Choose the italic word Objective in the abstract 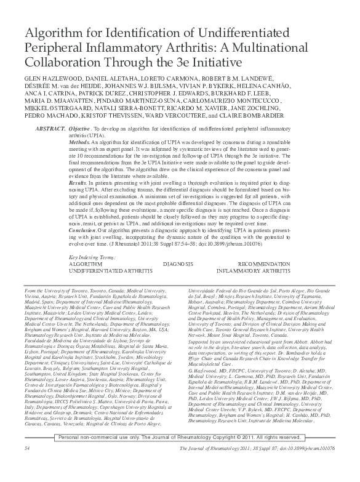(x=82, y=126)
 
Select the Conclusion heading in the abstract (x=84, y=228)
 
